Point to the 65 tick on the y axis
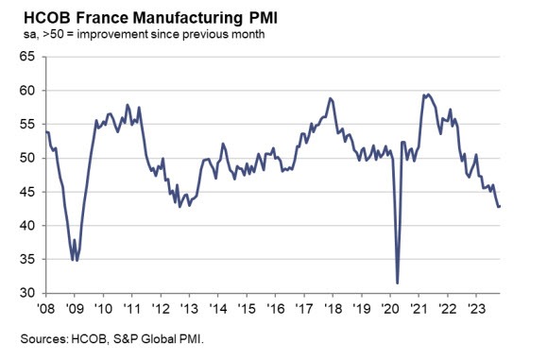pyautogui.click(x=26, y=57)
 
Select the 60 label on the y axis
pyautogui.click(x=26, y=91)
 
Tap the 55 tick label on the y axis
pyautogui.click(x=26, y=125)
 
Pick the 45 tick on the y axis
pyautogui.click(x=26, y=193)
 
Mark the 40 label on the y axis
pyautogui.click(x=26, y=226)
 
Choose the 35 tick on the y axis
pyautogui.click(x=26, y=260)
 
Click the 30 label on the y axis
pyautogui.click(x=26, y=294)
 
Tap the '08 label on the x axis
pyautogui.click(x=46, y=308)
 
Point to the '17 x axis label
pyautogui.click(x=305, y=308)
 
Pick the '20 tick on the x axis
pyautogui.click(x=391, y=308)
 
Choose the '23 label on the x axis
pyautogui.click(x=477, y=308)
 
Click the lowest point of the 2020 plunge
pyautogui.click(x=397, y=283)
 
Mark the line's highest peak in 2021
pyautogui.click(x=427, y=94)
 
